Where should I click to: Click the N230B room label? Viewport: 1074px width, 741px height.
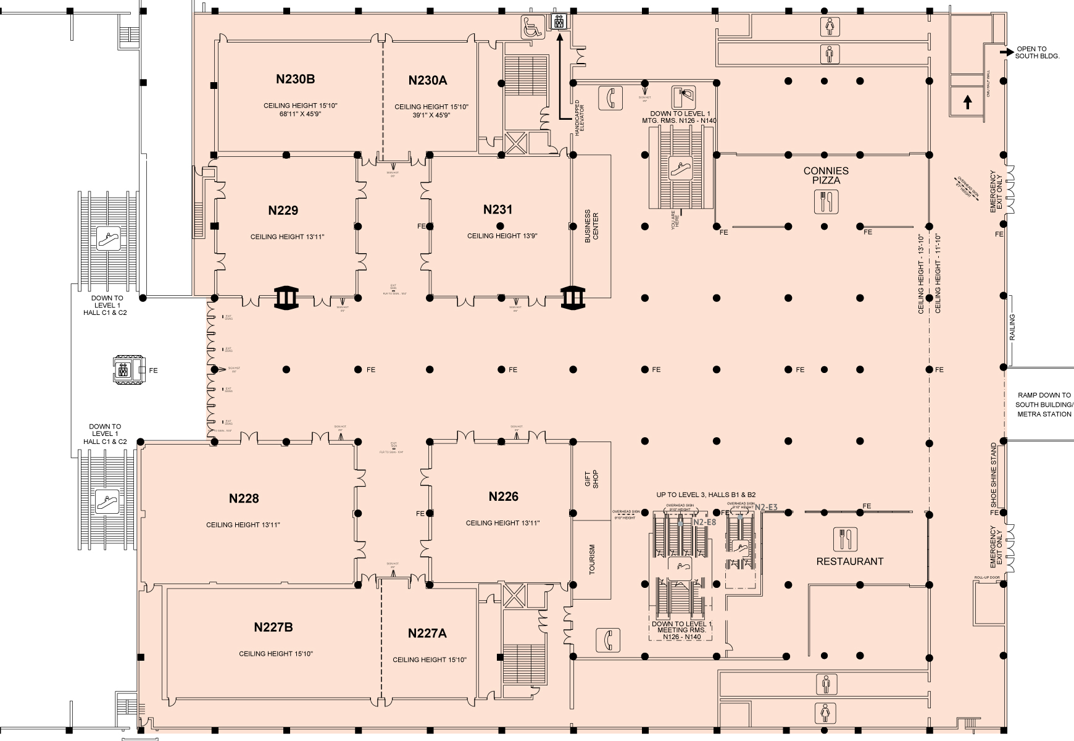point(295,79)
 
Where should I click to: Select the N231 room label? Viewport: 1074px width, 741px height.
point(497,210)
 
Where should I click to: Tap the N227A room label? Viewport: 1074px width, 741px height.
point(427,634)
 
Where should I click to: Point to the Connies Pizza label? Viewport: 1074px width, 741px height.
point(826,175)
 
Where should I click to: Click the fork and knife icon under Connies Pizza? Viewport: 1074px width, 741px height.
point(826,202)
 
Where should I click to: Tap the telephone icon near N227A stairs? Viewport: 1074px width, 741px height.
point(607,640)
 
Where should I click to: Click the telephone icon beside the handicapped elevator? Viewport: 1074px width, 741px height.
point(610,98)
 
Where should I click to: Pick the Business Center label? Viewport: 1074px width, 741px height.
point(591,227)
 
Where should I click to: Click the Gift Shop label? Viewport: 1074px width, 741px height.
point(591,480)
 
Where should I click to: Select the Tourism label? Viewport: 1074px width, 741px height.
point(592,559)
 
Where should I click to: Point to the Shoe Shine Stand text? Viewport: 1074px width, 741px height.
point(993,472)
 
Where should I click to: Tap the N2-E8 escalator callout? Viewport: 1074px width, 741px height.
point(704,522)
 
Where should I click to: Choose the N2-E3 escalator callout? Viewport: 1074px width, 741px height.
point(766,508)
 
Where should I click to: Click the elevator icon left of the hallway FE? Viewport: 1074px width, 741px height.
point(124,370)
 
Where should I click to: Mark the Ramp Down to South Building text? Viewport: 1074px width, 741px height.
point(1043,404)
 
